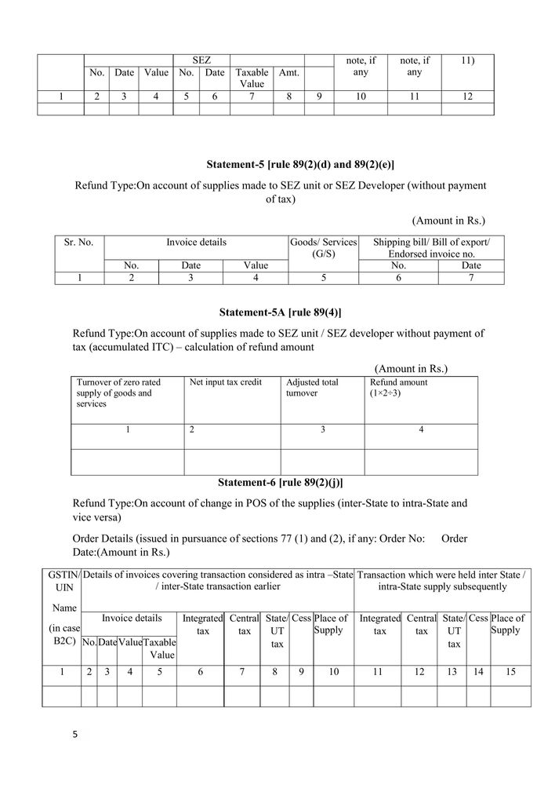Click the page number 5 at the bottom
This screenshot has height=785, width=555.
75,736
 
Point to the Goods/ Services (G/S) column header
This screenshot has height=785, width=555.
323,248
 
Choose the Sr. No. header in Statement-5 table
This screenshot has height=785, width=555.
78,243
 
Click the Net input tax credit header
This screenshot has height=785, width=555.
226,382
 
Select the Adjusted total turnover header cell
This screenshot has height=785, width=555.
312,387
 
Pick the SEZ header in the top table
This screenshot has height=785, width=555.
201,60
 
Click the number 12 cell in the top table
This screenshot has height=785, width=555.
467,97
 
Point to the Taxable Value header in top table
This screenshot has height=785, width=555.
252,78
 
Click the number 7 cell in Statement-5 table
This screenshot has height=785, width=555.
471,277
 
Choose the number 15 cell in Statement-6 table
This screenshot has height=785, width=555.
510,672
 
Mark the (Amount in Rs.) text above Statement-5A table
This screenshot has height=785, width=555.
411,368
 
